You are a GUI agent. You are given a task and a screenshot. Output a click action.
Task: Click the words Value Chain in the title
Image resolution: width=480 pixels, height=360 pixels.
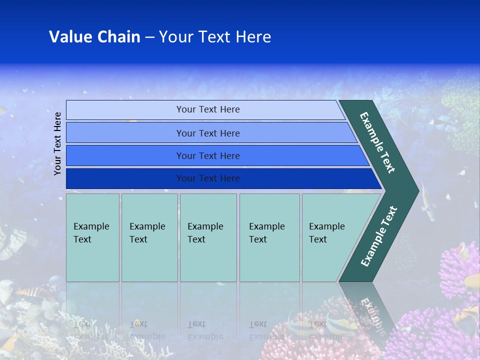tap(94, 37)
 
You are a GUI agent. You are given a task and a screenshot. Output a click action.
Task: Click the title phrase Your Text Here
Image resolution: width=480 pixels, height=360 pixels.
tap(214, 37)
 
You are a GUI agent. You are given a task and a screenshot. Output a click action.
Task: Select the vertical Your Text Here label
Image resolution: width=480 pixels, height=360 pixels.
tap(57, 143)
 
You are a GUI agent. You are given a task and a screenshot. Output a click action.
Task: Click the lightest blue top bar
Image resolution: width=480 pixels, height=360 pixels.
tap(207, 109)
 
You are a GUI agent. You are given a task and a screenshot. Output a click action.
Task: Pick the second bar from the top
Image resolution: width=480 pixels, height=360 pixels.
tap(207, 133)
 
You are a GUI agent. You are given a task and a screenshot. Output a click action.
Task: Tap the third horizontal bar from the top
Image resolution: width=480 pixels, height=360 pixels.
tap(207, 155)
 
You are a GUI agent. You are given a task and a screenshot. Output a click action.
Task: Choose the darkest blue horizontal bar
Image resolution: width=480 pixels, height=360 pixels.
tap(207, 178)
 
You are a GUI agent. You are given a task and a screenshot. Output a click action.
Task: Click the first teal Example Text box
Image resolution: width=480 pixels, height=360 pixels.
tap(92, 237)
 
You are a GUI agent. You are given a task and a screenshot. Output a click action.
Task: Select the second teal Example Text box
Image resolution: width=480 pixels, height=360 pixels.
tap(149, 237)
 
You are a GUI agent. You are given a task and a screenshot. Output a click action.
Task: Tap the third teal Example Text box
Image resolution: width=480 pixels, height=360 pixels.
tap(208, 237)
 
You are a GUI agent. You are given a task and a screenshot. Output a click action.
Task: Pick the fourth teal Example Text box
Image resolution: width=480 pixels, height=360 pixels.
tap(269, 237)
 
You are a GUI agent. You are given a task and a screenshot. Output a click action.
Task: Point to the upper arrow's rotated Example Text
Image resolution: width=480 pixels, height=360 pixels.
tap(378, 142)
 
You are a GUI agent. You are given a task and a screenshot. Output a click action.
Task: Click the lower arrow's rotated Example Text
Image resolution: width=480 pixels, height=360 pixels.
tap(379, 236)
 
